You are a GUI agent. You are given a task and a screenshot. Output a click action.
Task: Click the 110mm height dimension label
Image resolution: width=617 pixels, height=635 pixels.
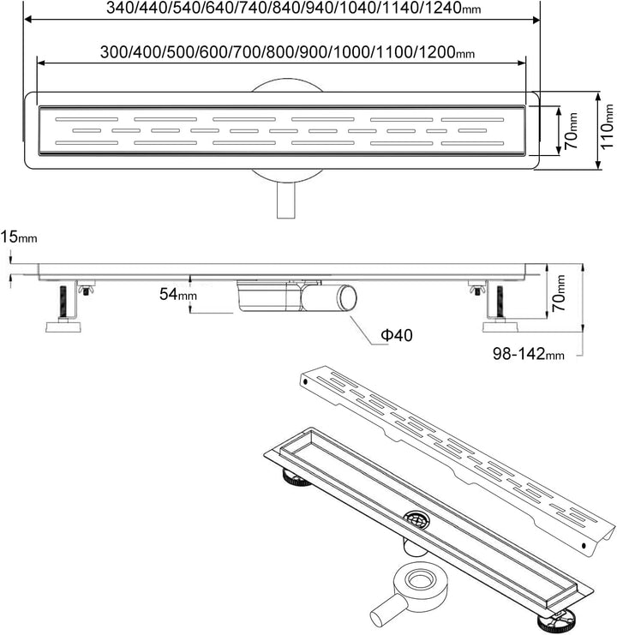pyautogui.click(x=607, y=126)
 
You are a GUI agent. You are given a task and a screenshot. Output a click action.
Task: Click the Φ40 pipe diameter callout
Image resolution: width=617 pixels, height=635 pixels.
pyautogui.click(x=397, y=335)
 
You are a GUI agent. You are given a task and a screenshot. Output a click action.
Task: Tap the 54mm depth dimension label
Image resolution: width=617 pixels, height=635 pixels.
pyautogui.click(x=178, y=294)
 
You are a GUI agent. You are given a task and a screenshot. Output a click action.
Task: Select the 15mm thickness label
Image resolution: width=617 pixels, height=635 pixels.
pyautogui.click(x=19, y=237)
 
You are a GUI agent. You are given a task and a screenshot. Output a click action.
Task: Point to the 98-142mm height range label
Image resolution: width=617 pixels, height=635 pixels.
pyautogui.click(x=528, y=354)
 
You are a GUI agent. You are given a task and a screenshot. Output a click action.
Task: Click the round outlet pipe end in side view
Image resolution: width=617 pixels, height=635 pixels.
pyautogui.click(x=348, y=297)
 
